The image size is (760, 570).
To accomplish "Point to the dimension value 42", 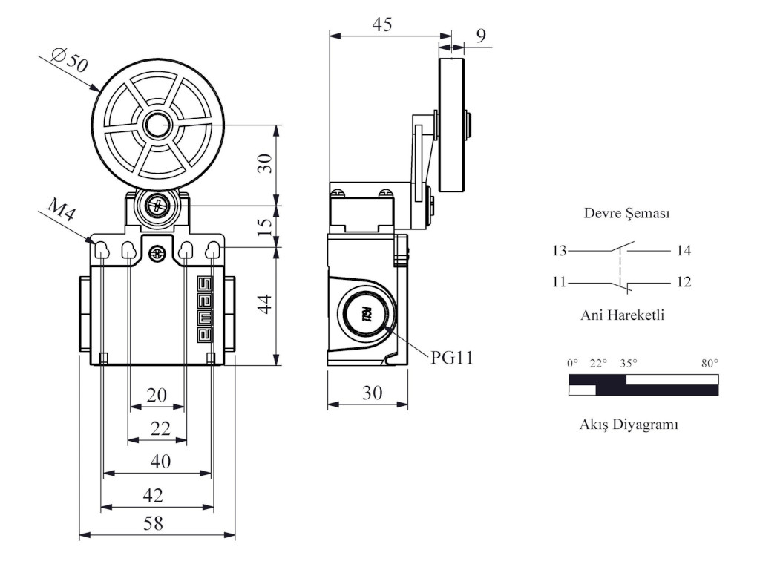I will pyautogui.click(x=153, y=495).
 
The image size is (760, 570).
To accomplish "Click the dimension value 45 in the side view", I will pyautogui.click(x=381, y=24).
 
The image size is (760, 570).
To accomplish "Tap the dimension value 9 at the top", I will pyautogui.click(x=482, y=35).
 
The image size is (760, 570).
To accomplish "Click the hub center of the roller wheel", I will pyautogui.click(x=157, y=125).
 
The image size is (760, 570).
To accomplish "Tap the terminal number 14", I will pyautogui.click(x=684, y=251).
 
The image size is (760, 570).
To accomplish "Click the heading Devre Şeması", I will pyautogui.click(x=627, y=214).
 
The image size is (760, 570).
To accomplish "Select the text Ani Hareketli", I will pyautogui.click(x=622, y=315).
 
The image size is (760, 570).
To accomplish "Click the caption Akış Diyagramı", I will pyautogui.click(x=628, y=425).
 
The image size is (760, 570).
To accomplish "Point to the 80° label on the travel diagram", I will pyautogui.click(x=710, y=364).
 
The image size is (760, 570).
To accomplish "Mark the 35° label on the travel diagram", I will pyautogui.click(x=629, y=364).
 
